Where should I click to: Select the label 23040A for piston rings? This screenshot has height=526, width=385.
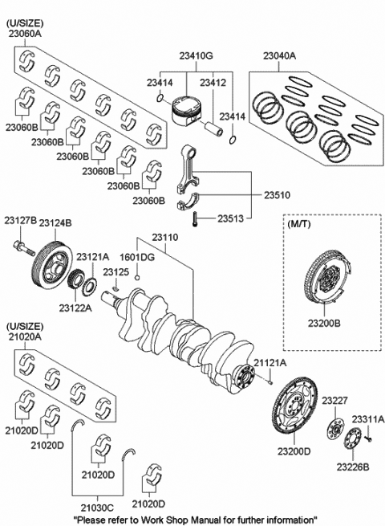tap(280, 56)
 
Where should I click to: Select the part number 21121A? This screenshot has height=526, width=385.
tap(269, 364)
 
